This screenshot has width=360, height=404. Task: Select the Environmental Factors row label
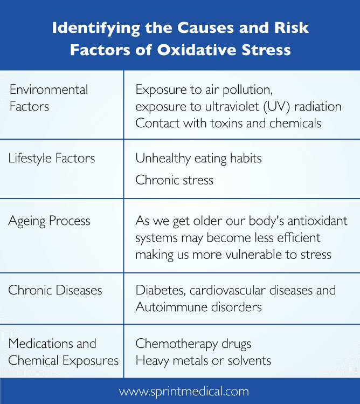49,98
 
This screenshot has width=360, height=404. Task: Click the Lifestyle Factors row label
52,158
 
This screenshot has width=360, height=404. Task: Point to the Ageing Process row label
49,221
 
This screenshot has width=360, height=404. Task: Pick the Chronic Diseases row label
55,290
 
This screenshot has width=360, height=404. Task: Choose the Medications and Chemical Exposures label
63,352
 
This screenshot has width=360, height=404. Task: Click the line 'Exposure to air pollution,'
200,90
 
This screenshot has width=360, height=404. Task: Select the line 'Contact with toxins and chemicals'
228,123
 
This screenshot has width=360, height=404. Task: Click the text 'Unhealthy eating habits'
198,158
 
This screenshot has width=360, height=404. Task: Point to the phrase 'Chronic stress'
174,180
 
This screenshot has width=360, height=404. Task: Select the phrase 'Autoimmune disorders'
198,307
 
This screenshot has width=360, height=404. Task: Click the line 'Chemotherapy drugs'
193,344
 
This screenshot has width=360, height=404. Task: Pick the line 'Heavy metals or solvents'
203,360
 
